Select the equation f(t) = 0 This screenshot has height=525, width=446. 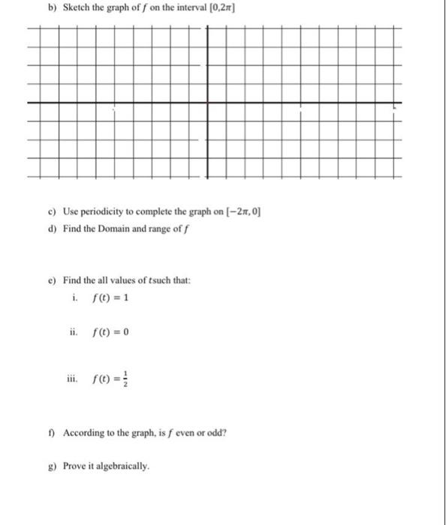pos(107,332)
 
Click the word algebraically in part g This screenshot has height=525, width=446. pos(123,466)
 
